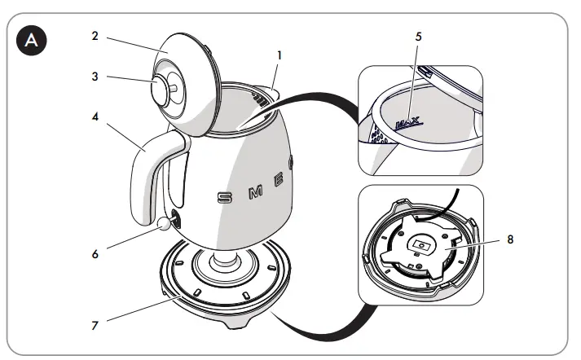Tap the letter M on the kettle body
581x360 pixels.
[x=254, y=191]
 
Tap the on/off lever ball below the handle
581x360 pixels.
[x=166, y=222]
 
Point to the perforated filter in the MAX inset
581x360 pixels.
[x=376, y=133]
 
